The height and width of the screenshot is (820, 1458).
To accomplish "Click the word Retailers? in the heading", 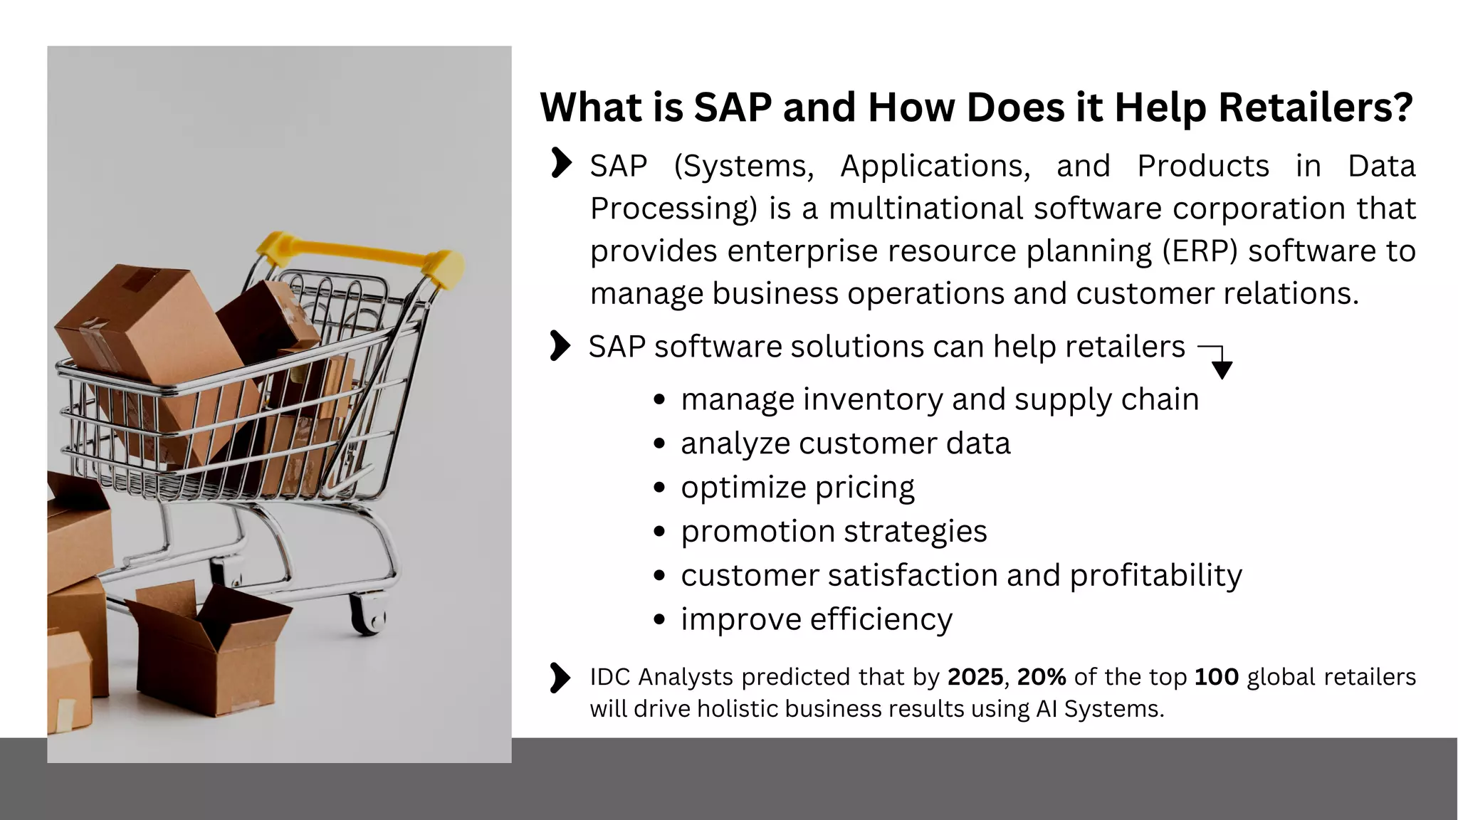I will tap(1315, 108).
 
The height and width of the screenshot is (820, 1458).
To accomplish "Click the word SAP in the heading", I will tap(733, 108).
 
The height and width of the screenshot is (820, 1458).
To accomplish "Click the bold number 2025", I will tap(975, 677).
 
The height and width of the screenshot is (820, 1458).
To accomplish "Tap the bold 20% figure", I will tap(1042, 677).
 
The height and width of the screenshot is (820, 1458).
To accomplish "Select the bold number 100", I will tap(1216, 677).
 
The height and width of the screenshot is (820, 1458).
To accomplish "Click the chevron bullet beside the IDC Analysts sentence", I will tap(560, 678).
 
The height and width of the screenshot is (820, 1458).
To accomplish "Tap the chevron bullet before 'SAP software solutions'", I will tap(560, 346).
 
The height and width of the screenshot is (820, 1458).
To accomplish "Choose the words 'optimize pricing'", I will tap(797, 488).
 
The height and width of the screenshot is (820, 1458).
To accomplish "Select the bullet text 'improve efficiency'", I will tap(816, 619).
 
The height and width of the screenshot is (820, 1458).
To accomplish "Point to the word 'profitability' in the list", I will tap(1155, 575).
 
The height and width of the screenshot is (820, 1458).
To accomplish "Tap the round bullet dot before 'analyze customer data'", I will tap(659, 444).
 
